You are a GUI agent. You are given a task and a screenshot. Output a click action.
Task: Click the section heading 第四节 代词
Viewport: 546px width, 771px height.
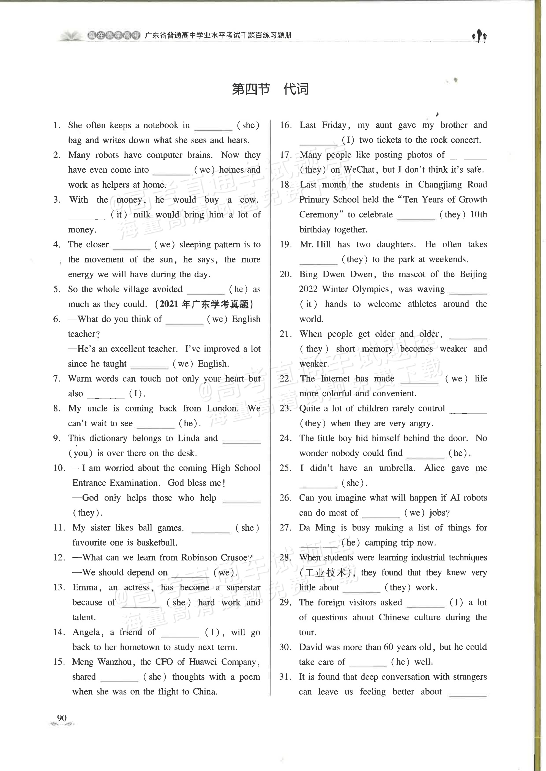point(270,89)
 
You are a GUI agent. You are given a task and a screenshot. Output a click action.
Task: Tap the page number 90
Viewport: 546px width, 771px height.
point(62,718)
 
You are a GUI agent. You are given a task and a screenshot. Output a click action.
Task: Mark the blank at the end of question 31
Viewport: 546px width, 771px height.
point(468,694)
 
